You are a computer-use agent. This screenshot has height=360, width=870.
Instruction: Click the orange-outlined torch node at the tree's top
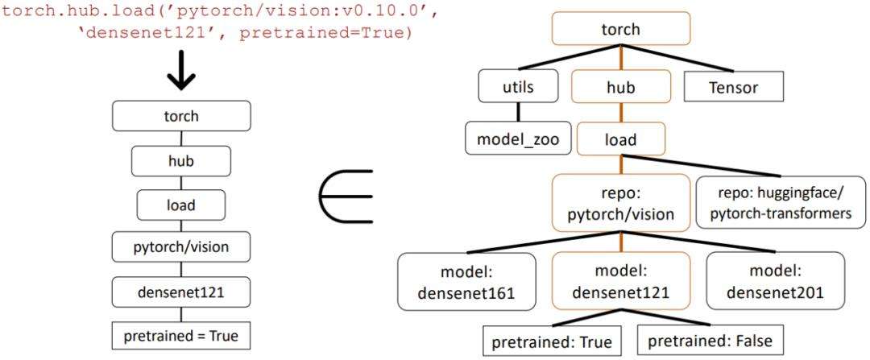[x=620, y=30]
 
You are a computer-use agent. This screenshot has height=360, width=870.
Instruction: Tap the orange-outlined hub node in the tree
[x=620, y=87]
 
